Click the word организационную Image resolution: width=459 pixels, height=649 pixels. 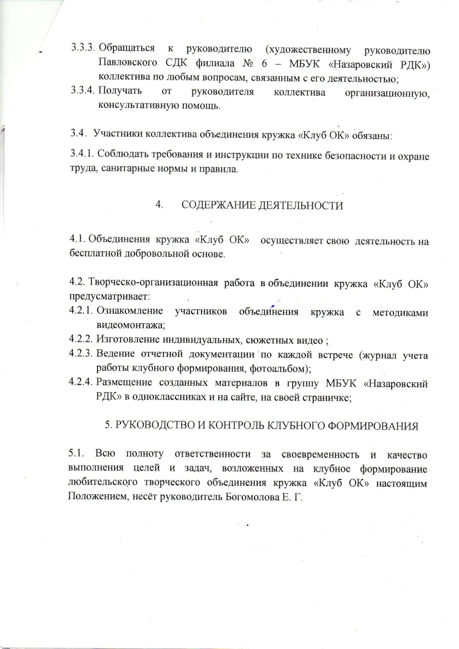pyautogui.click(x=387, y=93)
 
